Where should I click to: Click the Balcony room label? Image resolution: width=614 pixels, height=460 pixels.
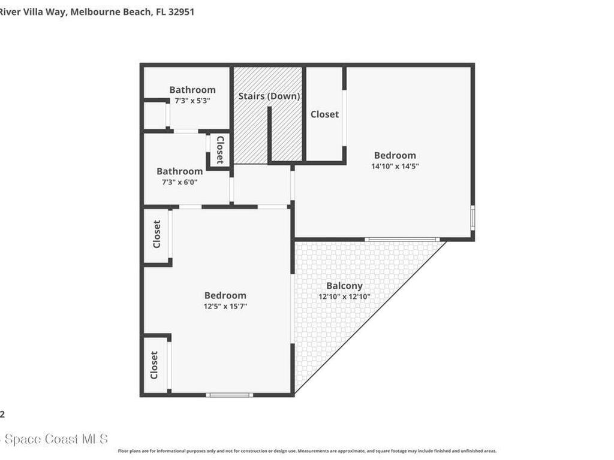344,286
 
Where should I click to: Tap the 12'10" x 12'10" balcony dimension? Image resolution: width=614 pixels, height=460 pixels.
344,296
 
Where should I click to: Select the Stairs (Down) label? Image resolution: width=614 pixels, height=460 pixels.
269,96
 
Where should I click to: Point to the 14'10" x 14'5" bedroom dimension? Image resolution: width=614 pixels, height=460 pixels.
395,167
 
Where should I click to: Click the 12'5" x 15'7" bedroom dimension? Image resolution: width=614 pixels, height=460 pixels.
225,306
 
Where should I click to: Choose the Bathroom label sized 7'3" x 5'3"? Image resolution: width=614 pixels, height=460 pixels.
192,90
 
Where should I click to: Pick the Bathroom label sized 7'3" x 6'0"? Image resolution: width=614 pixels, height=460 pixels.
179,171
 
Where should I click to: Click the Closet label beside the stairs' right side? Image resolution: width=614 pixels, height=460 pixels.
324,114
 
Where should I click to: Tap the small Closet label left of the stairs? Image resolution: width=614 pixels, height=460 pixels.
219,150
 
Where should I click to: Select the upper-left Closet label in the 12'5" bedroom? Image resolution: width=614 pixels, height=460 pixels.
156,234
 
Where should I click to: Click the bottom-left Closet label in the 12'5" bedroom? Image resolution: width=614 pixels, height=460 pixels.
154,365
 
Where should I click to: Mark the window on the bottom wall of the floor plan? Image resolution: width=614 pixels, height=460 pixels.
229,395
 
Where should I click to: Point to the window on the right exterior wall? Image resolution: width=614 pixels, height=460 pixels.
472,217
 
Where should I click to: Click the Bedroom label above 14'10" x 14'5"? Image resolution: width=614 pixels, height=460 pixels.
395,155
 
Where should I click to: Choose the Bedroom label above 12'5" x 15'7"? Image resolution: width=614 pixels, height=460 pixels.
225,295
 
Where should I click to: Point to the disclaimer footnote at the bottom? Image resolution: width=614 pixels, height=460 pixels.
307,451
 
